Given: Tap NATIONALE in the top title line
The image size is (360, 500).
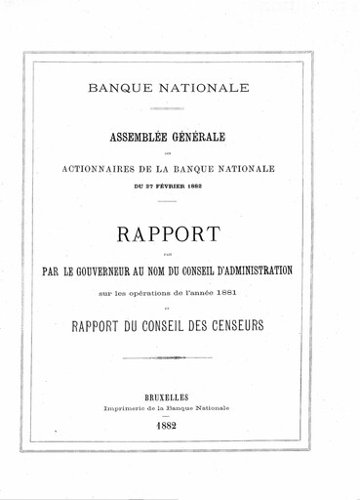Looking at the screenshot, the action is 212,88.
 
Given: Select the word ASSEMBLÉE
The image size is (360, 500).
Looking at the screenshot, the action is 148,140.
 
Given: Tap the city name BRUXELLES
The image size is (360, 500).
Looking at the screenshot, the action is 180,398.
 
